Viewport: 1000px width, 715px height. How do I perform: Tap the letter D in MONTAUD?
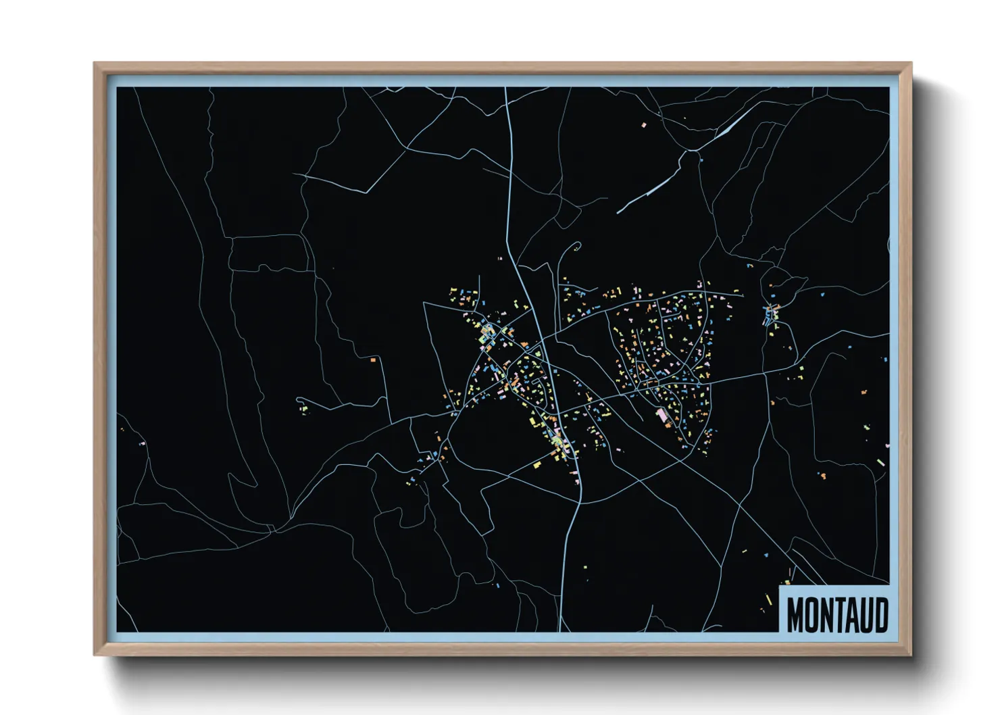880,614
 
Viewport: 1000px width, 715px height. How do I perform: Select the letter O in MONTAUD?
811,614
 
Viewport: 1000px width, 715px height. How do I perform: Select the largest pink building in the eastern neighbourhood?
661,414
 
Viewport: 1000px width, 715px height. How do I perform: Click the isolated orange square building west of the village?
372,360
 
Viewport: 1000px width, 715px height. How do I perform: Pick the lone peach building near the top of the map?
643,125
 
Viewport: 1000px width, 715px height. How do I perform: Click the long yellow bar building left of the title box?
769,599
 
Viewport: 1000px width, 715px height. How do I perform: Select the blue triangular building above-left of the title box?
786,581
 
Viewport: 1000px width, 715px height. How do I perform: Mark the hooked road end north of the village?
576,245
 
